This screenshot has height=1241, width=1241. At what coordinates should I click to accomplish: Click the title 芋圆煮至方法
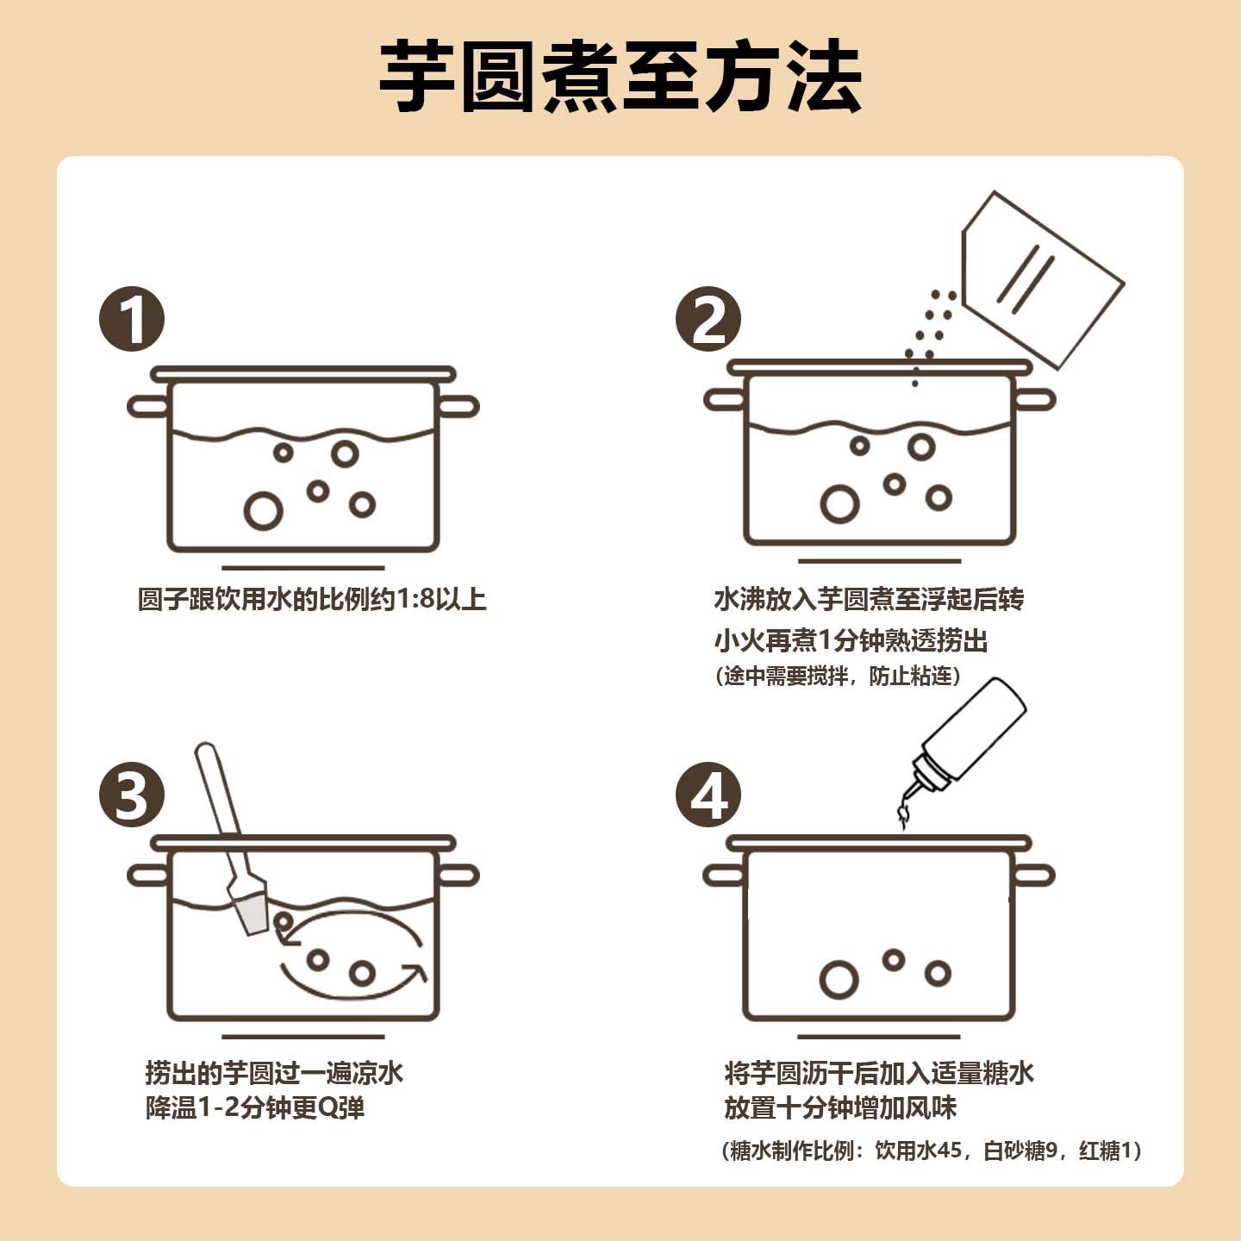(x=620, y=78)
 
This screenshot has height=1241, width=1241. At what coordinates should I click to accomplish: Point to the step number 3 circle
(x=132, y=795)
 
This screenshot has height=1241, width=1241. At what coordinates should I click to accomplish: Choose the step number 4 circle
(x=708, y=795)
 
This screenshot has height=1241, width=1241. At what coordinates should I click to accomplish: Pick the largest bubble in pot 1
(x=263, y=511)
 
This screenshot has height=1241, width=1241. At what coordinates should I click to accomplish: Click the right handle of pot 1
(x=458, y=406)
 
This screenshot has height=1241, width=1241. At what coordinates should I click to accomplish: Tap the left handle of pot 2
(x=724, y=400)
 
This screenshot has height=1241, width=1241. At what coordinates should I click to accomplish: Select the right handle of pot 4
(x=1034, y=876)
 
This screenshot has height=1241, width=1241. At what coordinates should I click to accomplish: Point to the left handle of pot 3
(x=147, y=876)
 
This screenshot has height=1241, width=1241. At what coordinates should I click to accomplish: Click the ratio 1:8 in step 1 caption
(x=414, y=600)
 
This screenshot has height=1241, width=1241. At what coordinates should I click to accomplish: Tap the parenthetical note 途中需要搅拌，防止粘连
(x=838, y=677)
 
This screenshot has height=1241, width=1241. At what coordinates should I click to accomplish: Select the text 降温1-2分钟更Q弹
(x=255, y=1108)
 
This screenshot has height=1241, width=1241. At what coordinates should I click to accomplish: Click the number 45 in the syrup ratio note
(x=948, y=1151)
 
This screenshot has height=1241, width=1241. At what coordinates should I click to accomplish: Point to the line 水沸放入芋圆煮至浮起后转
(x=869, y=600)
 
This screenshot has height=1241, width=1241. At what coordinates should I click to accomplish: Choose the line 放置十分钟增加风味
(x=840, y=1108)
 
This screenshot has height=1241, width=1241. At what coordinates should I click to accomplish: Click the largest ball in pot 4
(x=839, y=980)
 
